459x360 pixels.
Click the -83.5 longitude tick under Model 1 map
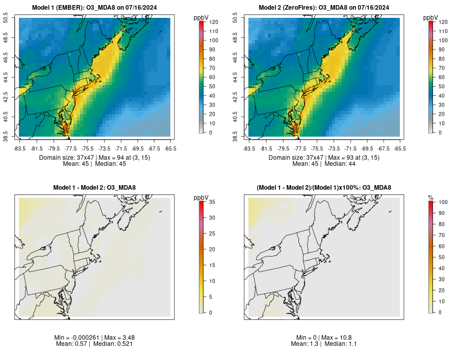19,149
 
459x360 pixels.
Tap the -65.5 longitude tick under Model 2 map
400,149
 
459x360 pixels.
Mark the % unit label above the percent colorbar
430,197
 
